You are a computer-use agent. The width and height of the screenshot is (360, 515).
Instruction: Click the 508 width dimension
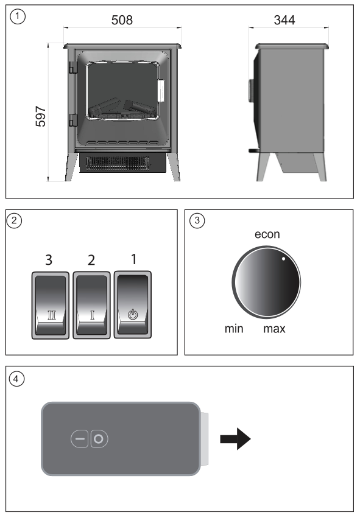122,20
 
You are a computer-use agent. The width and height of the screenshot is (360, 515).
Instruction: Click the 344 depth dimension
284,20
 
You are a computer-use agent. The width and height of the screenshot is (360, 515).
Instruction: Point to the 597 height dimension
41,116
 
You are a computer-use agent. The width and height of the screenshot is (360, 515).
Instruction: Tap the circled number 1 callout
18,16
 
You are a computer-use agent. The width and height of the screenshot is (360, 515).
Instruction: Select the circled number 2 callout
14,220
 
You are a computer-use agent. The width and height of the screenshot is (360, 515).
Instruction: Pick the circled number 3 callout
197,220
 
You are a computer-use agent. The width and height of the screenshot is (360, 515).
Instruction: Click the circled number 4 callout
16,379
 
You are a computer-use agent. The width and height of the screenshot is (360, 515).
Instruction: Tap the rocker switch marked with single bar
92,305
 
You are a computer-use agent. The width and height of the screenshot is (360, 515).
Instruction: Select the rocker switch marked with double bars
51,305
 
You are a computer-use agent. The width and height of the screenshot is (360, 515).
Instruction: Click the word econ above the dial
267,234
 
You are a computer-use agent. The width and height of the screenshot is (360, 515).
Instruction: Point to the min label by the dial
234,329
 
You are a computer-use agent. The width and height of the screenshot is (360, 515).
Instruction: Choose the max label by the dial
274,329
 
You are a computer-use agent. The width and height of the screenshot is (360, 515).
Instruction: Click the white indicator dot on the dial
283,259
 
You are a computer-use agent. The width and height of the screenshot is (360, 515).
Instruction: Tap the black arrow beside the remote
235,439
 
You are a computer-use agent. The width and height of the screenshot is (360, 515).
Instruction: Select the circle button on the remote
99,439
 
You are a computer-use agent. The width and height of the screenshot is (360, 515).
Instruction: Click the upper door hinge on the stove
72,68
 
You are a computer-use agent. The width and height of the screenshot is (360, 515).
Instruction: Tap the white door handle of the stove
161,91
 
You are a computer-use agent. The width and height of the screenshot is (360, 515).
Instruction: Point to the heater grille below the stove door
118,163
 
